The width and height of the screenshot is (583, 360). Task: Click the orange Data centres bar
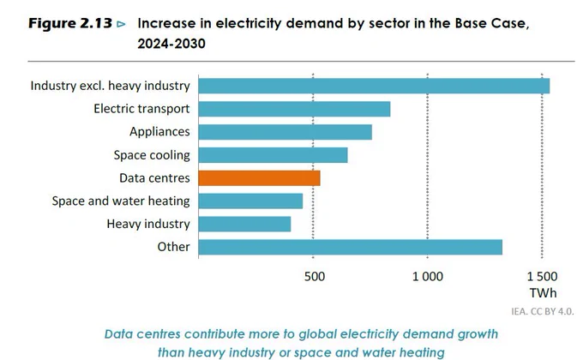click(x=259, y=178)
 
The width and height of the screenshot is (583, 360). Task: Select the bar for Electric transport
click(x=294, y=109)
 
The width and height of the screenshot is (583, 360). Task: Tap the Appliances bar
click(x=285, y=132)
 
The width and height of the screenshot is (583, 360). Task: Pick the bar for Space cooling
click(x=273, y=155)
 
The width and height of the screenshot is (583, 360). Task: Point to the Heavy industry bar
click(x=244, y=225)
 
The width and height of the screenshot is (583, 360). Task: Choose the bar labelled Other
click(x=351, y=248)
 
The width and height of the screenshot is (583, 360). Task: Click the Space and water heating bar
click(x=250, y=201)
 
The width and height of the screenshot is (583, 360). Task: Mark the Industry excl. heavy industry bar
click(x=374, y=86)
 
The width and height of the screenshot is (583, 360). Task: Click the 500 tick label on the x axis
click(x=314, y=277)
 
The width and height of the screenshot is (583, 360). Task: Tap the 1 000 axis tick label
click(x=428, y=277)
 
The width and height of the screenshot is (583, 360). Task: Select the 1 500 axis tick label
click(x=542, y=277)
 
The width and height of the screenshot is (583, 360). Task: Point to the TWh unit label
click(x=544, y=293)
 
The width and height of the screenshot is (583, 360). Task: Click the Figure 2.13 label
click(x=70, y=23)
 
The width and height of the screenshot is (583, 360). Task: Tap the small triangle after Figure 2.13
click(x=121, y=25)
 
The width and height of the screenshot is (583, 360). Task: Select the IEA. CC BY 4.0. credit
click(x=543, y=312)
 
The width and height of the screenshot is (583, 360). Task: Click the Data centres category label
click(x=154, y=178)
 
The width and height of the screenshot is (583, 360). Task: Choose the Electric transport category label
click(x=141, y=109)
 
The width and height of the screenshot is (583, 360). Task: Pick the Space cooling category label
click(x=152, y=155)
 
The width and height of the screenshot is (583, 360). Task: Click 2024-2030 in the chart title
click(x=171, y=44)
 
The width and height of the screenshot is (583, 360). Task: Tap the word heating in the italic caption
click(x=422, y=352)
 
